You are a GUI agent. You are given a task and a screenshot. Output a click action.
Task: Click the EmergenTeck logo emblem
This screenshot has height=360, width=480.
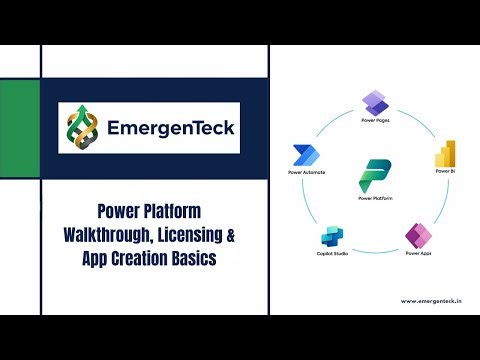[x=82, y=127]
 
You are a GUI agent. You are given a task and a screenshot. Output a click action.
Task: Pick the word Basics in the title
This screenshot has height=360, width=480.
[x=209, y=260]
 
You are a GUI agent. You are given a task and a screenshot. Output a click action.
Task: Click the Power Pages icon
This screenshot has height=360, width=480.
[x=375, y=101]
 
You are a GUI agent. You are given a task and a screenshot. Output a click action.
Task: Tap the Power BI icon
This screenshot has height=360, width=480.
[x=445, y=155]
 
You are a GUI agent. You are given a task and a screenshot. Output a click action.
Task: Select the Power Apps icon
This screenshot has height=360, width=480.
[x=417, y=236]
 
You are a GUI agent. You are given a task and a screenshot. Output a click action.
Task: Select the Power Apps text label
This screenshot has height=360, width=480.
[x=417, y=255]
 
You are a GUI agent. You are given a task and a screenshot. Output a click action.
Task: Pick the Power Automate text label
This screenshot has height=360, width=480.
[x=305, y=173]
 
